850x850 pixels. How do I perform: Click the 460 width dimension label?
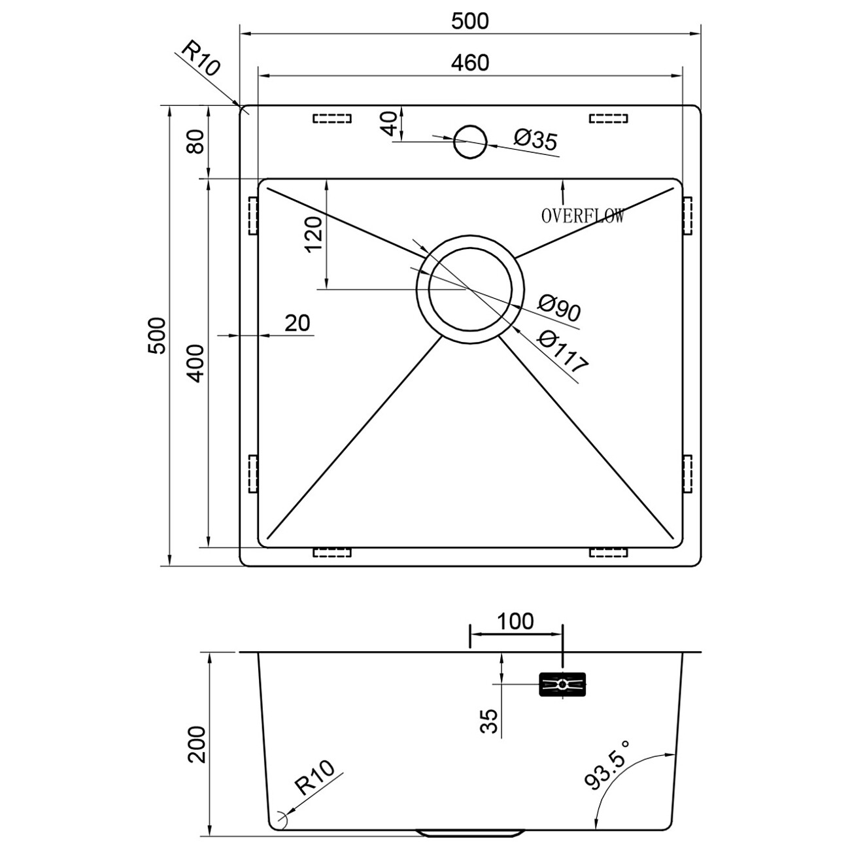click(x=470, y=63)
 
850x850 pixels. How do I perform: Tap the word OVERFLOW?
click(x=583, y=216)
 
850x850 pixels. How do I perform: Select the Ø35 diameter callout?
click(x=536, y=141)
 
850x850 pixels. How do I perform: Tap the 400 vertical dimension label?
click(x=195, y=364)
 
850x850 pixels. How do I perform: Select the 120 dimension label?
click(x=314, y=234)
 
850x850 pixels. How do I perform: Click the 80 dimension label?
click(x=195, y=142)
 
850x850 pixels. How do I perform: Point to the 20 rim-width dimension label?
click(x=297, y=323)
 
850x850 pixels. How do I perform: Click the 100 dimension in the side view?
click(x=515, y=622)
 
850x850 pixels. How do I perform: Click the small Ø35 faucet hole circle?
click(x=470, y=142)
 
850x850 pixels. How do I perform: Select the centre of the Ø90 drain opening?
click(x=470, y=289)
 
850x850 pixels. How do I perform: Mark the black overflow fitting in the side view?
click(x=562, y=685)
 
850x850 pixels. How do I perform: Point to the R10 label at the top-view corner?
click(x=200, y=58)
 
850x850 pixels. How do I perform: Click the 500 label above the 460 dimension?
click(x=470, y=21)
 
